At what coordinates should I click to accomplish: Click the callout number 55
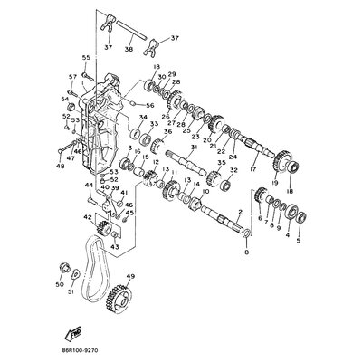click(x=86, y=57)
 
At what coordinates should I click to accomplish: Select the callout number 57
click(x=73, y=78)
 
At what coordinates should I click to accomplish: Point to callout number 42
click(x=87, y=218)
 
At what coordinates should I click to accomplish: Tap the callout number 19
click(x=274, y=184)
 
